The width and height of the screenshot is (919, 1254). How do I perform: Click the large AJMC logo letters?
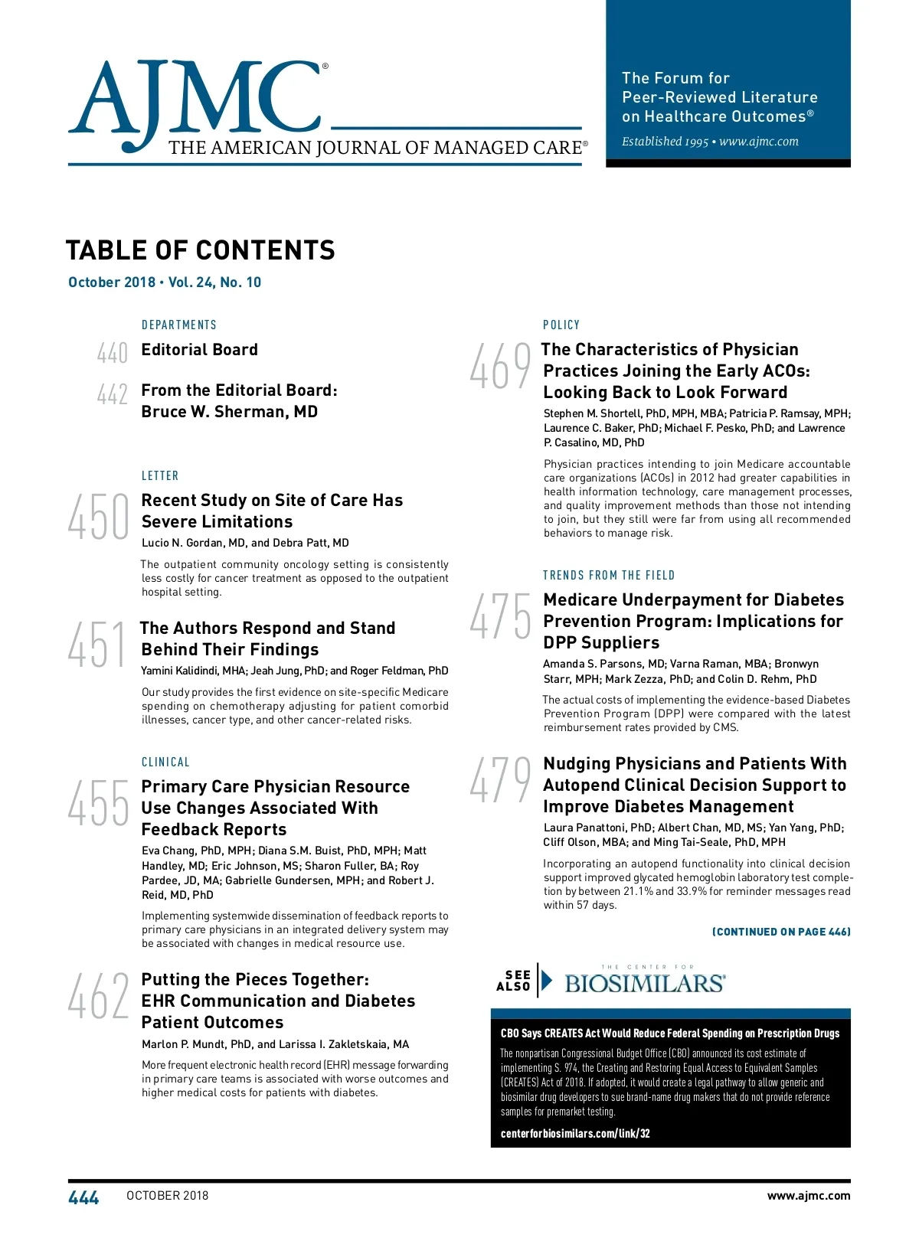coord(195,100)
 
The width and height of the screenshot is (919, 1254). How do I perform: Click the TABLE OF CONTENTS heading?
coord(201,251)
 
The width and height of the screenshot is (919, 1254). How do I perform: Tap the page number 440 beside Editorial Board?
coord(112,353)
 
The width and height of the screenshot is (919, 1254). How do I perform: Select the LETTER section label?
coord(160,476)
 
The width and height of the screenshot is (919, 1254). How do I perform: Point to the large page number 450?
coord(98,517)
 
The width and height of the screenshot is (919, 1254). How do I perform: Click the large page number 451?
coord(96,645)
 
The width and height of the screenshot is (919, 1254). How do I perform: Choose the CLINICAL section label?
coord(165,763)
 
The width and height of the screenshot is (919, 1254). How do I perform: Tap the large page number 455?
coord(98,803)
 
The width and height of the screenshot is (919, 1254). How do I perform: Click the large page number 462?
coord(98,996)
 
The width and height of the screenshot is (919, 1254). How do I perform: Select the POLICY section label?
coord(561,325)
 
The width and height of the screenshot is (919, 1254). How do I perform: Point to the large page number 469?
coord(499,366)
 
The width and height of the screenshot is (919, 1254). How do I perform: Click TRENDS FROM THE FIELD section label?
coord(609,576)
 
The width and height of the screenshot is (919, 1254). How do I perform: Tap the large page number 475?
coord(499,616)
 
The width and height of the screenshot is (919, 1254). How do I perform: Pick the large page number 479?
coord(499,780)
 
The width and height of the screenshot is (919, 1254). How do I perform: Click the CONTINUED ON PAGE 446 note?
coord(781,932)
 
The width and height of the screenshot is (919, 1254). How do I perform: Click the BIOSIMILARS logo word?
coord(645,984)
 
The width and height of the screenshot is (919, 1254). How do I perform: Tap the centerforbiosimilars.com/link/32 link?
coord(575,1134)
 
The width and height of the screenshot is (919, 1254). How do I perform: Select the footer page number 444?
coord(83,1198)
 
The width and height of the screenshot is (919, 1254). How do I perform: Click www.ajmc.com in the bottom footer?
coord(808,1196)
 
